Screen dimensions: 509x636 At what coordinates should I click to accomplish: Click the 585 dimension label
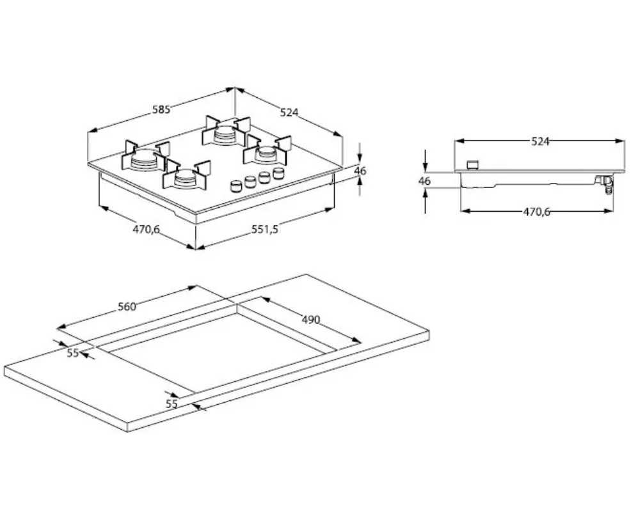(x=161, y=110)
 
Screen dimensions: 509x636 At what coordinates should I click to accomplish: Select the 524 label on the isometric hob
(x=290, y=113)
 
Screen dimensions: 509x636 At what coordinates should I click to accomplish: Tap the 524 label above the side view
(x=541, y=142)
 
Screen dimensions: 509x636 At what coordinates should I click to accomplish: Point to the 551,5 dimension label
(x=265, y=230)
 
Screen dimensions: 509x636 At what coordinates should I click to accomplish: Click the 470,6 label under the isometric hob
(x=146, y=230)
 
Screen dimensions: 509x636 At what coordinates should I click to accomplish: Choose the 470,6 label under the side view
(x=537, y=212)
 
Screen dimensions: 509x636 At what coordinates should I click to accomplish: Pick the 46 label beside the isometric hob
(x=360, y=171)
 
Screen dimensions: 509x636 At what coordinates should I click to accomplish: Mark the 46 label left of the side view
(x=425, y=181)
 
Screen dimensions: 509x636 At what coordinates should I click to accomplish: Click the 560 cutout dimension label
(x=127, y=307)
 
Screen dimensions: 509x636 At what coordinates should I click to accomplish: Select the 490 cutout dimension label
(x=310, y=319)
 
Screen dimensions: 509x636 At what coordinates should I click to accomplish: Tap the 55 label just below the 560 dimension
(x=72, y=352)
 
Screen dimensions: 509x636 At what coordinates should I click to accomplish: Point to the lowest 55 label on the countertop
(x=171, y=403)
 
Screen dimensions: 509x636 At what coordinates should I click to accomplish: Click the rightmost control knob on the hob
(x=278, y=173)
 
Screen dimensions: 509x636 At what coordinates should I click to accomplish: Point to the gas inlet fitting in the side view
(x=604, y=185)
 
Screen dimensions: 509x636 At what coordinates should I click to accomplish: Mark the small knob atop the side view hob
(x=473, y=165)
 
